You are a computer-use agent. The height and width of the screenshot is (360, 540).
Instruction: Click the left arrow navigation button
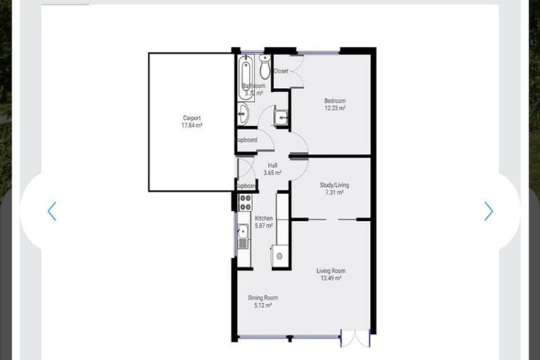pyautogui.click(x=51, y=211)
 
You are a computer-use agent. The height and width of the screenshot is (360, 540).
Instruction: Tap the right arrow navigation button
pyautogui.click(x=489, y=211)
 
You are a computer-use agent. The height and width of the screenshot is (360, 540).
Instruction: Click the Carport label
pyautogui.click(x=192, y=118)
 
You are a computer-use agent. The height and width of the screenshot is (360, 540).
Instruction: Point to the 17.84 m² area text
pyautogui.click(x=192, y=126)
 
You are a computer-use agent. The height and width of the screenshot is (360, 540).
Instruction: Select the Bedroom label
pyautogui.click(x=335, y=101)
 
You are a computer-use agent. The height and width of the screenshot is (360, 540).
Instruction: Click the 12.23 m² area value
pyautogui.click(x=335, y=108)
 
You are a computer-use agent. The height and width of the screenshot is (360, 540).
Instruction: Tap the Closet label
pyautogui.click(x=281, y=71)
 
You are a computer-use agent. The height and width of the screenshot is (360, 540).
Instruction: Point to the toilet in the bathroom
pyautogui.click(x=265, y=67)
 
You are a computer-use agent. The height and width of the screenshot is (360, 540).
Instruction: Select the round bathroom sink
pyautogui.click(x=243, y=113)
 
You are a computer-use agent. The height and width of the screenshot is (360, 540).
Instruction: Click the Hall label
pyautogui.click(x=272, y=165)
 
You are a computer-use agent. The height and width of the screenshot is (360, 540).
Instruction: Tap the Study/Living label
pyautogui.click(x=334, y=185)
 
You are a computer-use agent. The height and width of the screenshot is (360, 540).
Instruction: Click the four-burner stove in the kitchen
pyautogui.click(x=245, y=202)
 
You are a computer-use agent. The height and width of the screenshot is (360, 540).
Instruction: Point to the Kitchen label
pyautogui.click(x=264, y=218)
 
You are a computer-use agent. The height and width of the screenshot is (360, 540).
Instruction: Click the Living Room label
pyautogui.click(x=330, y=271)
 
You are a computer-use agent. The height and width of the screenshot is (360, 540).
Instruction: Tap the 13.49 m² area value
pyautogui.click(x=330, y=278)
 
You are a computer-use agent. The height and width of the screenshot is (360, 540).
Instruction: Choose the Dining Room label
pyautogui.click(x=262, y=297)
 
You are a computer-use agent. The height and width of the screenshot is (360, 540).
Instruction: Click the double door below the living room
pyautogui.click(x=354, y=339)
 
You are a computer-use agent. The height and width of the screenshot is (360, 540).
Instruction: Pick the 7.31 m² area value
pyautogui.click(x=334, y=193)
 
